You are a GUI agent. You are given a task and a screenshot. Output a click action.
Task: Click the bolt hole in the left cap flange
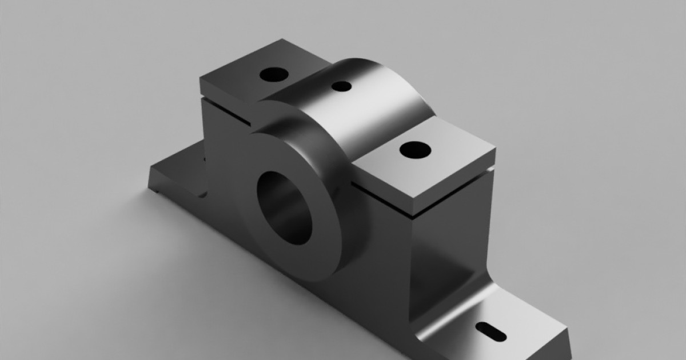[274, 74]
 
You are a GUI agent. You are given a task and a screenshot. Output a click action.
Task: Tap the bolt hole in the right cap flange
[415, 150]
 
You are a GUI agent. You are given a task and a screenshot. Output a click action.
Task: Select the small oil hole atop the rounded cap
[341, 86]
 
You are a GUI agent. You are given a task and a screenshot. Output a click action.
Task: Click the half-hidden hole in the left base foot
[202, 194]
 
